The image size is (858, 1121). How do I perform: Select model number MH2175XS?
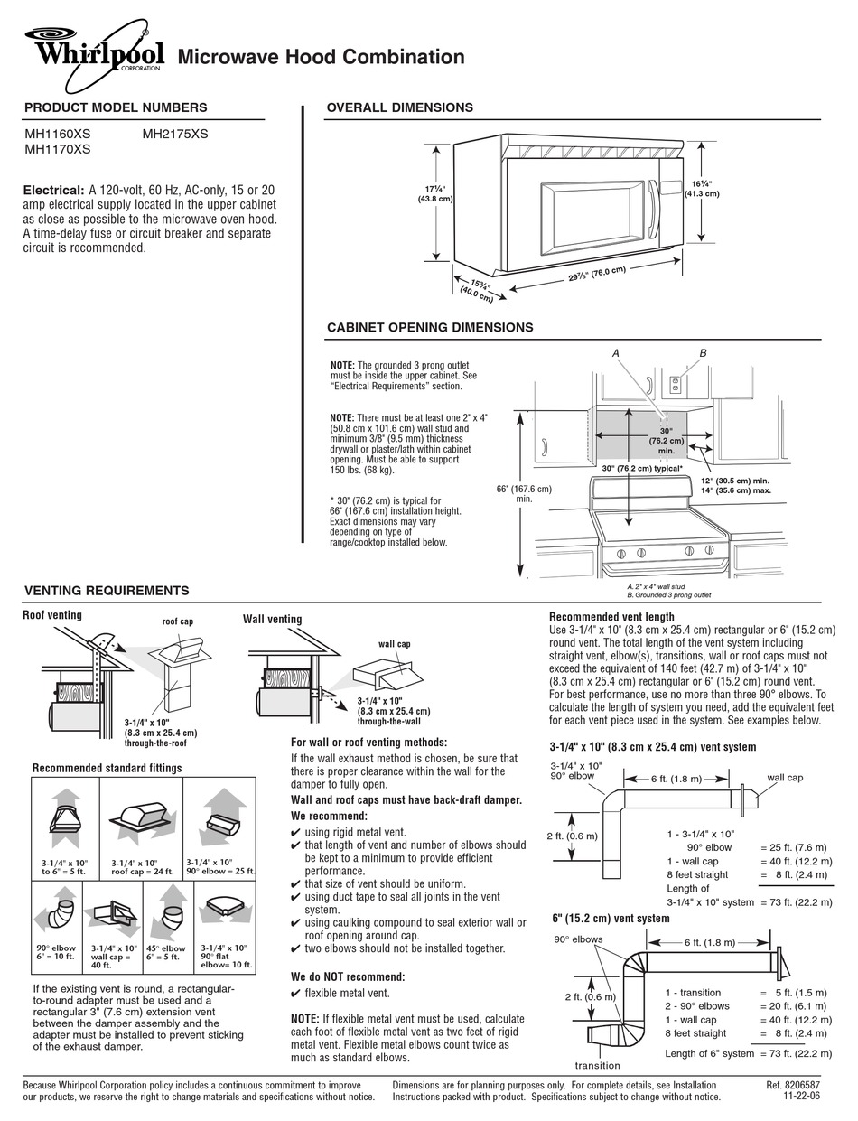coord(175,134)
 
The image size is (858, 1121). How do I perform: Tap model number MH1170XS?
coord(57,150)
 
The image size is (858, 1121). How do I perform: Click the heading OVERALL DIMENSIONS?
coord(399,107)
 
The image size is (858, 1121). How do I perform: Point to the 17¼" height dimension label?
coord(437,193)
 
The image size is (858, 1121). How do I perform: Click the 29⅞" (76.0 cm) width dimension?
coord(597,276)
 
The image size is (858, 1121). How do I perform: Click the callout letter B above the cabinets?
coord(703,352)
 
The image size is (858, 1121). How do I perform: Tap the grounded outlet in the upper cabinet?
coord(673,385)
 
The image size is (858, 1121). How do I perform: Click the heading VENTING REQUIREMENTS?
coord(107,591)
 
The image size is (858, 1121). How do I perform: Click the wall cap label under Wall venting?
coord(394,644)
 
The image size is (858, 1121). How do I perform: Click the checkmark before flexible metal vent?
coord(295,994)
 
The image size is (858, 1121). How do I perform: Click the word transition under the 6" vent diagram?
coord(598,1066)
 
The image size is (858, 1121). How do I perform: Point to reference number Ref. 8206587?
coord(792,1085)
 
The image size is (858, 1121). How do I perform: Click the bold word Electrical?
coord(54,191)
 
